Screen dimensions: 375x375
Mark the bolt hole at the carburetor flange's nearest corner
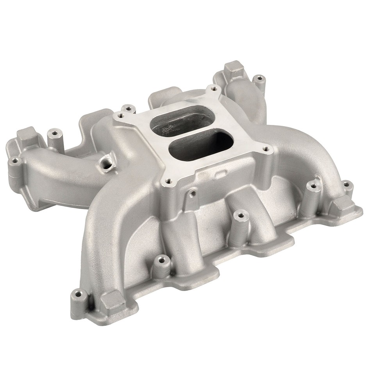(168, 181)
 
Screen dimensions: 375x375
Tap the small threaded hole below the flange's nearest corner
(192, 192)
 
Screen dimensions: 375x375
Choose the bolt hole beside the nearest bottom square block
(79, 294)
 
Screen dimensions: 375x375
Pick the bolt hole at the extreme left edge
(15, 160)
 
